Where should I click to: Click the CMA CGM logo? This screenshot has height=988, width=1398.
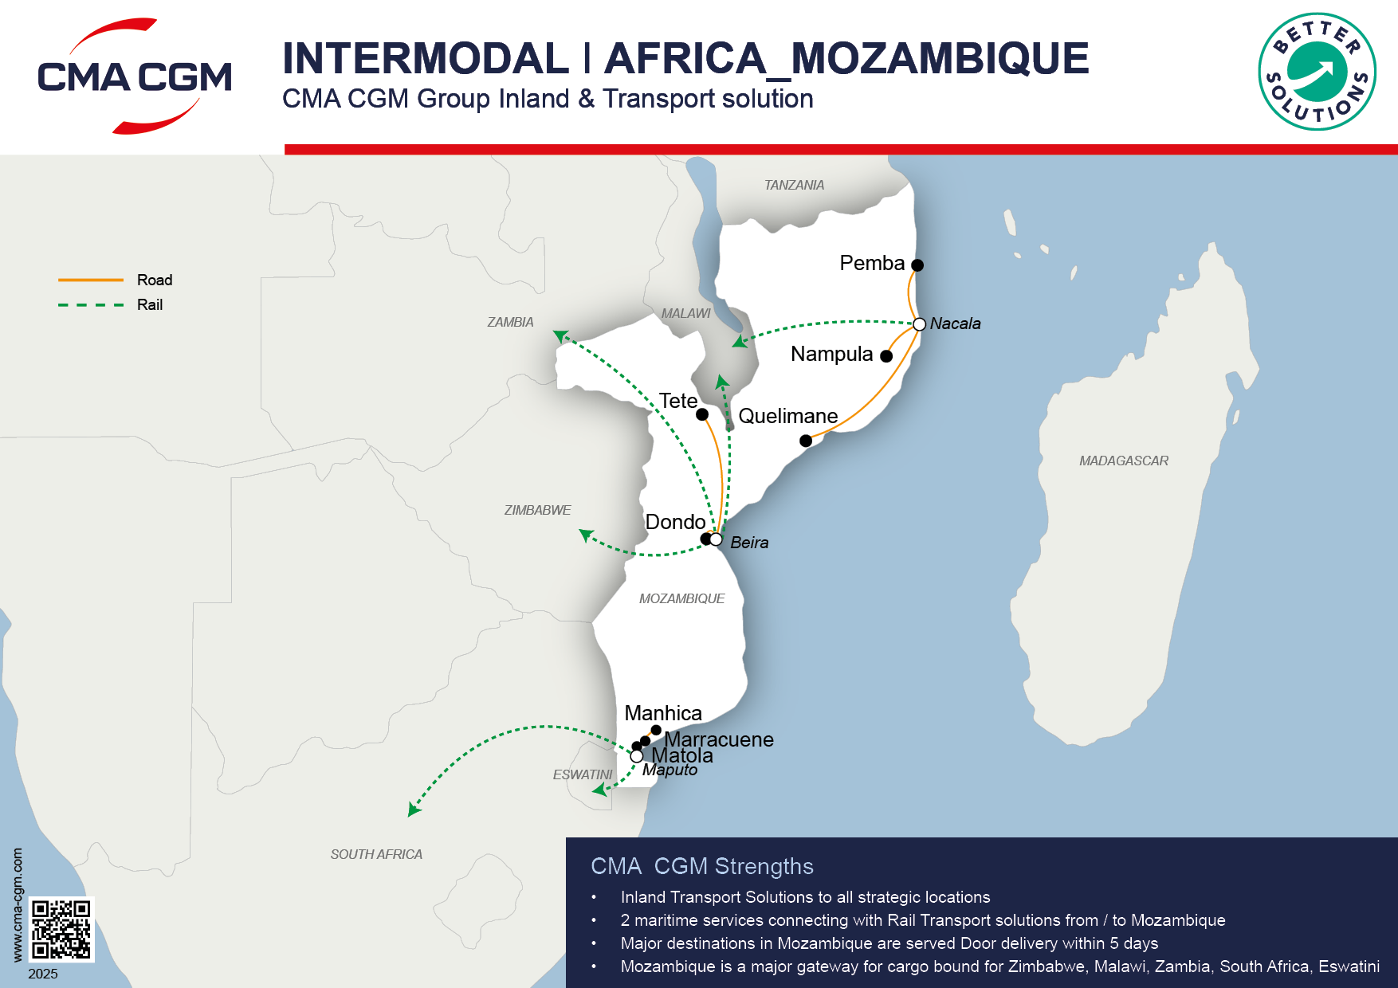pyautogui.click(x=134, y=76)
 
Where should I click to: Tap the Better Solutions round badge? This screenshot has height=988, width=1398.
pyautogui.click(x=1317, y=72)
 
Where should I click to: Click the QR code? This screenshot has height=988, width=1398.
pyautogui.click(x=61, y=929)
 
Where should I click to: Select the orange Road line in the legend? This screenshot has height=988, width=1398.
pyautogui.click(x=91, y=280)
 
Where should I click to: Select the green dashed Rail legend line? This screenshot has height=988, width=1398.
pyautogui.click(x=91, y=304)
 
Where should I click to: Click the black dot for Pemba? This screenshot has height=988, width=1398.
pyautogui.click(x=917, y=265)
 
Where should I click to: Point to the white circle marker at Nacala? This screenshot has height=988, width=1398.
pyautogui.click(x=919, y=324)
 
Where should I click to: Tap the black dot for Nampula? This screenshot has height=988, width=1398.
pyautogui.click(x=886, y=356)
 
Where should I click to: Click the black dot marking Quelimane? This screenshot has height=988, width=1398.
pyautogui.click(x=806, y=441)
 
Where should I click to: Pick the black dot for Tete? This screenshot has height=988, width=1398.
pyautogui.click(x=702, y=414)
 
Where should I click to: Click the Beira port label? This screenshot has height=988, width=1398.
pyautogui.click(x=749, y=543)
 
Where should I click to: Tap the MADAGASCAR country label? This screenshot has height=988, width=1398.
pyautogui.click(x=1123, y=461)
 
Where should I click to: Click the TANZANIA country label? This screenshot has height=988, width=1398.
pyautogui.click(x=794, y=185)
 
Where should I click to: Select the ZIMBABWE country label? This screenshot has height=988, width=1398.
pyautogui.click(x=537, y=510)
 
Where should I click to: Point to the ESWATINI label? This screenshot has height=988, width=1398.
pyautogui.click(x=583, y=774)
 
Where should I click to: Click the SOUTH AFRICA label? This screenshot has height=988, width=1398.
pyautogui.click(x=376, y=854)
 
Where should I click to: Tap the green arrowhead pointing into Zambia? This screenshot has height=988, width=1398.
pyautogui.click(x=560, y=335)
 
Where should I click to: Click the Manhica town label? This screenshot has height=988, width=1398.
pyautogui.click(x=662, y=713)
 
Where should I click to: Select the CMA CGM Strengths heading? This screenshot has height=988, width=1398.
pyautogui.click(x=701, y=866)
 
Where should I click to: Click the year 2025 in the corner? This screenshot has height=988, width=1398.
pyautogui.click(x=43, y=974)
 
